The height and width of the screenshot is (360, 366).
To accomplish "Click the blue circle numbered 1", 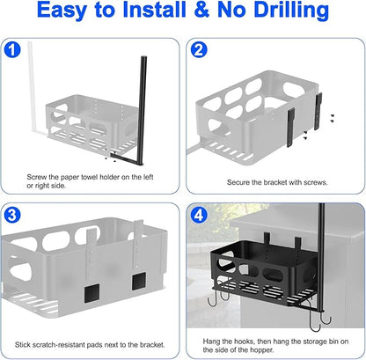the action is (12, 49).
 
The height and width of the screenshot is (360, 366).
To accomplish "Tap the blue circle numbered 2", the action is (199, 49).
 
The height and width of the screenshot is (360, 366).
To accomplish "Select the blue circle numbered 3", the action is (12, 216).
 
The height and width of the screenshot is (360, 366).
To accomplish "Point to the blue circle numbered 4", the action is (199, 216).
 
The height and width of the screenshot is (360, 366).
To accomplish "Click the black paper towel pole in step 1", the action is (143, 110).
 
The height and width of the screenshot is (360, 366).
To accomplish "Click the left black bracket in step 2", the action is (291, 128).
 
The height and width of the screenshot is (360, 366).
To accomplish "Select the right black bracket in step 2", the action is (318, 111).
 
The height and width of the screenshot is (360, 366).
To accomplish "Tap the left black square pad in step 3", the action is (92, 294).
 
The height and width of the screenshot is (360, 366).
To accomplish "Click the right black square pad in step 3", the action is (139, 281).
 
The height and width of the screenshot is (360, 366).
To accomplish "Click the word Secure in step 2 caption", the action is (238, 182).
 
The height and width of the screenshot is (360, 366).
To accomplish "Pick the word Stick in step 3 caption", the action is (22, 344).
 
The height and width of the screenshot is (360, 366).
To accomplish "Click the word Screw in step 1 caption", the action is (37, 177).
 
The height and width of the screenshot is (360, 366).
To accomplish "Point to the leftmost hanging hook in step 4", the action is (213, 300).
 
